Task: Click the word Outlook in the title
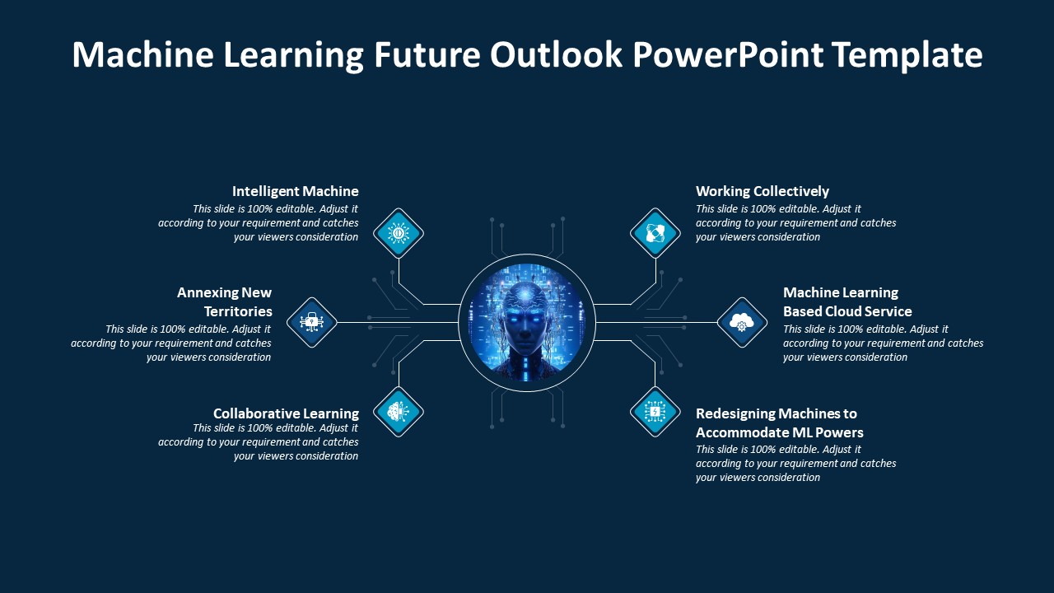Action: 556,55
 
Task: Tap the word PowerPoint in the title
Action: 727,55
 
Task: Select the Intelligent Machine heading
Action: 295,191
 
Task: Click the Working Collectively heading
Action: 762,191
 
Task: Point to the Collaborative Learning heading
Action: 286,413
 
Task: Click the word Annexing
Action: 202,292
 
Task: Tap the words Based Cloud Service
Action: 847,311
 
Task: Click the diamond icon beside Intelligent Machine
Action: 399,233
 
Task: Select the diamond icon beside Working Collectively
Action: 655,233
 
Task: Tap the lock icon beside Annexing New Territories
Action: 311,322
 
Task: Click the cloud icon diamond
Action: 742,322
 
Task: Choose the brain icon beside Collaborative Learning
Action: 399,411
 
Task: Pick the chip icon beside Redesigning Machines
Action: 655,411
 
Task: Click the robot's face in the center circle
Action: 526,317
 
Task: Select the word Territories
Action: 238,311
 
